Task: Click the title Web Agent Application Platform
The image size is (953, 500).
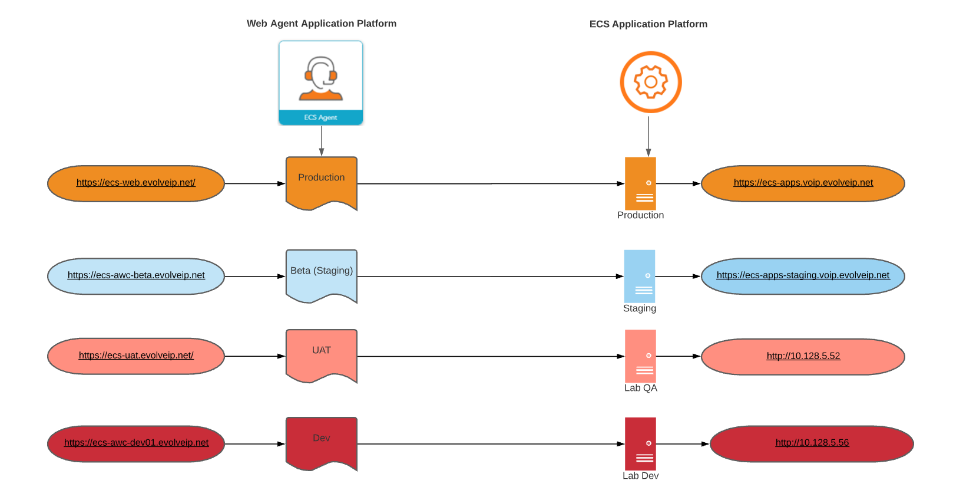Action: pyautogui.click(x=321, y=24)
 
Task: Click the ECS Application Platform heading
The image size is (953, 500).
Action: pyautogui.click(x=648, y=24)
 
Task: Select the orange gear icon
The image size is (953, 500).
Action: pyautogui.click(x=650, y=82)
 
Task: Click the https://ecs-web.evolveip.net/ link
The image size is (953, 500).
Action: pyautogui.click(x=136, y=183)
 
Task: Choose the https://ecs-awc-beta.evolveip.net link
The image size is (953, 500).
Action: pyautogui.click(x=136, y=275)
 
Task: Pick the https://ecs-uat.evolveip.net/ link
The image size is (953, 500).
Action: pyautogui.click(x=136, y=356)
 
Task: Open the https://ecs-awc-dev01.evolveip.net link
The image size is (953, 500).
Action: pyautogui.click(x=136, y=443)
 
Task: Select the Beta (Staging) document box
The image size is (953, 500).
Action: pyautogui.click(x=322, y=274)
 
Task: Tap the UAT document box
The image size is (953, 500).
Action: pyautogui.click(x=322, y=354)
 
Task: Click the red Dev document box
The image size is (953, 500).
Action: pyautogui.click(x=322, y=442)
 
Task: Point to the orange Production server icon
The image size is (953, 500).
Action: pyautogui.click(x=640, y=183)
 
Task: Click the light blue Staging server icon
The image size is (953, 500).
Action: pyautogui.click(x=640, y=276)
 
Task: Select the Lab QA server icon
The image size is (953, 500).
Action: pyautogui.click(x=640, y=356)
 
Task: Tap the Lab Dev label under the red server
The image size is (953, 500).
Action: pyautogui.click(x=640, y=476)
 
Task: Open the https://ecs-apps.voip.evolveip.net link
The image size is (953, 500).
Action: pyautogui.click(x=803, y=183)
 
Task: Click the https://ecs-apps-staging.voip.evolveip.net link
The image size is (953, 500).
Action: pyautogui.click(x=803, y=275)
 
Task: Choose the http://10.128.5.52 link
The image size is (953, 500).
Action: pyautogui.click(x=803, y=356)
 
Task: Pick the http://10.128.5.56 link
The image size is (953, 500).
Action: pyautogui.click(x=812, y=443)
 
